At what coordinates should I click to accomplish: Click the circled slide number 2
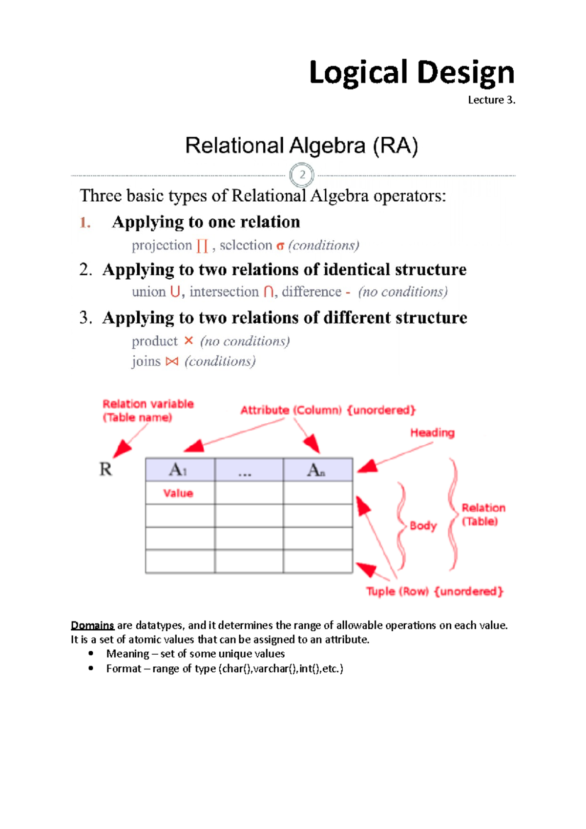pyautogui.click(x=302, y=175)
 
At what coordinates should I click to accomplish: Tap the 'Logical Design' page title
pyautogui.click(x=412, y=73)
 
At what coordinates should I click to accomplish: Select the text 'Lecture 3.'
pyautogui.click(x=491, y=100)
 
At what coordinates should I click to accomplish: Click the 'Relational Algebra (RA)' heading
pyautogui.click(x=301, y=145)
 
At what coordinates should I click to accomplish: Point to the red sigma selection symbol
pyautogui.click(x=280, y=246)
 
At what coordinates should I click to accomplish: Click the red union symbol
pyautogui.click(x=175, y=292)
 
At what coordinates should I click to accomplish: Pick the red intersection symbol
pyautogui.click(x=268, y=292)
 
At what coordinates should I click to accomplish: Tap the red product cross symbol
pyautogui.click(x=189, y=341)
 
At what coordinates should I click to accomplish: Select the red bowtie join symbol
pyautogui.click(x=172, y=361)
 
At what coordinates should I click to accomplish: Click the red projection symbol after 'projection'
pyautogui.click(x=202, y=246)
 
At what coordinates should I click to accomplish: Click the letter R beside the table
pyautogui.click(x=106, y=469)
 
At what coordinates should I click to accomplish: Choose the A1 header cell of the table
pyautogui.click(x=180, y=470)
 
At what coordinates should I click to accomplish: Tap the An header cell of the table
pyautogui.click(x=317, y=470)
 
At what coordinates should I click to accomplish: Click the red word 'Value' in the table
pyautogui.click(x=178, y=493)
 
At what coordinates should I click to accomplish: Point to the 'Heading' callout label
pyautogui.click(x=432, y=433)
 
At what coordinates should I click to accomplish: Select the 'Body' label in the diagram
pyautogui.click(x=423, y=526)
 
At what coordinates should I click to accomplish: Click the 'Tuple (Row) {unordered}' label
pyautogui.click(x=435, y=591)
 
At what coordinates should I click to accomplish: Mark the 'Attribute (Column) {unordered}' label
pyautogui.click(x=328, y=410)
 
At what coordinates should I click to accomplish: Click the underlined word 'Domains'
pyautogui.click(x=92, y=625)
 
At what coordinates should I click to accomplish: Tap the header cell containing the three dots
pyautogui.click(x=249, y=470)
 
